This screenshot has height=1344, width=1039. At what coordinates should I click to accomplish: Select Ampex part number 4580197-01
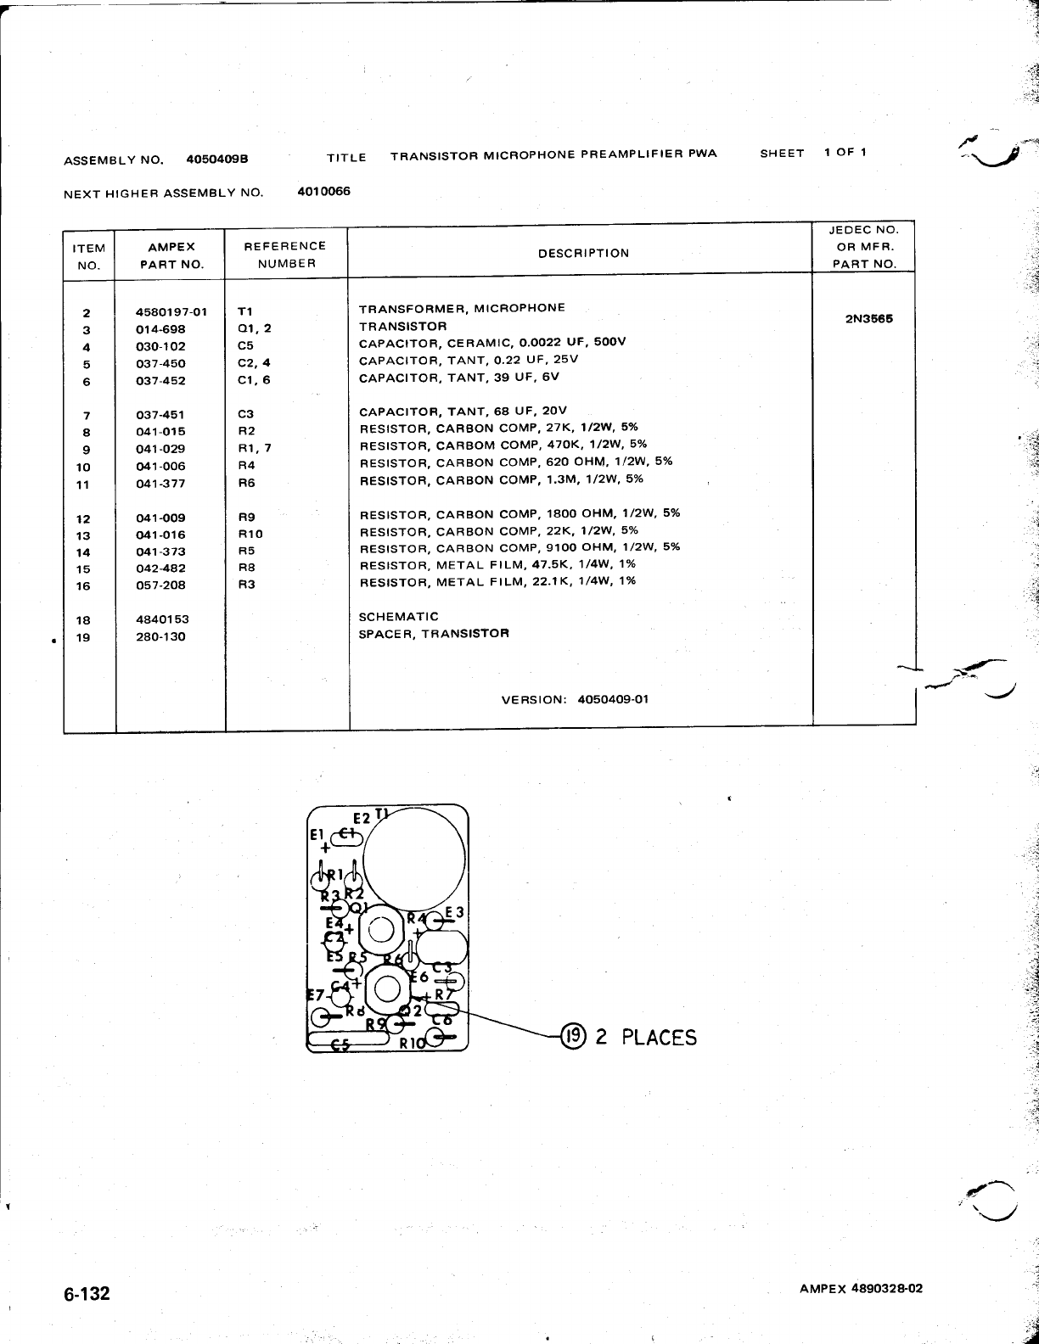click(171, 311)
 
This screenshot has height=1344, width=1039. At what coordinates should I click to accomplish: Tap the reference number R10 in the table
click(250, 535)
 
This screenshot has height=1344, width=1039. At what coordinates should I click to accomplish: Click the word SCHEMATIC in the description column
click(398, 617)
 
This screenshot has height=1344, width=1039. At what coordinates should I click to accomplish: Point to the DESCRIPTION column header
click(583, 253)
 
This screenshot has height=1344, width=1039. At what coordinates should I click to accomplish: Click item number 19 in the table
click(83, 637)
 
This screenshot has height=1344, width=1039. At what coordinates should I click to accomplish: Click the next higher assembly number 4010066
click(323, 191)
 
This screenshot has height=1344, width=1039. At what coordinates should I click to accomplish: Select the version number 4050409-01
click(613, 700)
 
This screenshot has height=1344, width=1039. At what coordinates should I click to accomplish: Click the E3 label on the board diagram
click(454, 913)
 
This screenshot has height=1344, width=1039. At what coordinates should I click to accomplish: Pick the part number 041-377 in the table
click(160, 484)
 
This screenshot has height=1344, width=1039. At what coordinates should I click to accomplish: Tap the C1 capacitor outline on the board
click(346, 837)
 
